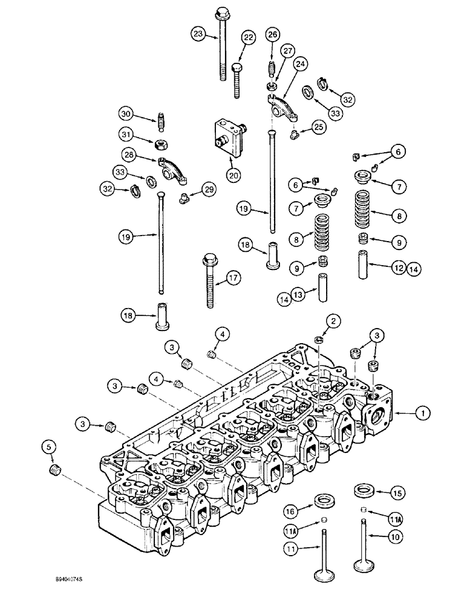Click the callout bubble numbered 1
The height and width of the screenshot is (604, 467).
coord(424,413)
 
